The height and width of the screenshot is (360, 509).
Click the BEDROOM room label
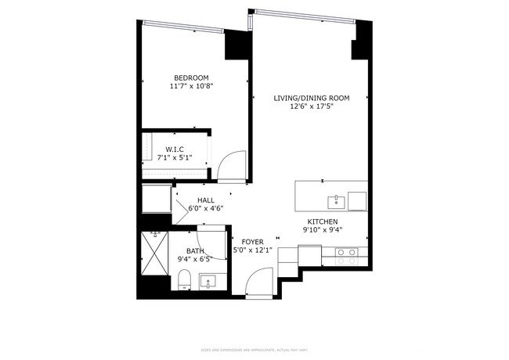tap(191, 77)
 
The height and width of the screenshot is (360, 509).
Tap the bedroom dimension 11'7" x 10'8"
tap(191, 86)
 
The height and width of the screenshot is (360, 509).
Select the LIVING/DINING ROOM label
tap(311, 98)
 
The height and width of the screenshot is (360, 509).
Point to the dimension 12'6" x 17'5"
tap(311, 107)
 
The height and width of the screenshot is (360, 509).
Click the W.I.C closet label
tap(174, 149)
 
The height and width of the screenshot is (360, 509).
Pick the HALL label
tap(206, 200)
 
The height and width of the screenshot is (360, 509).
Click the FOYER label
tap(252, 242)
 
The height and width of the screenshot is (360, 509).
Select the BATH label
tap(195, 251)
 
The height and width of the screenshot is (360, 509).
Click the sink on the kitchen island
tap(335, 201)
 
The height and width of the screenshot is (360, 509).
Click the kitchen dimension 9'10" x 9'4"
tap(323, 230)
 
